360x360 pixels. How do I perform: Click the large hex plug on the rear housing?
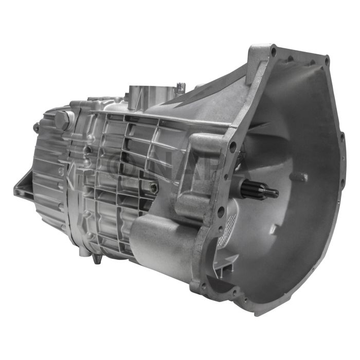pos(63,120)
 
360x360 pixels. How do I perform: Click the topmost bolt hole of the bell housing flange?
pos(273,52)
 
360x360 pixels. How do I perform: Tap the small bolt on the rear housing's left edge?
pos(36,127)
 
